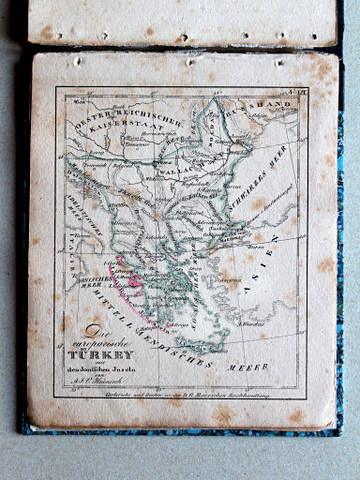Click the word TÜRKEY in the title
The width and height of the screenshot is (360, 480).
point(111,357)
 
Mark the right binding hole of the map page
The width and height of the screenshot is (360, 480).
point(278,62)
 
